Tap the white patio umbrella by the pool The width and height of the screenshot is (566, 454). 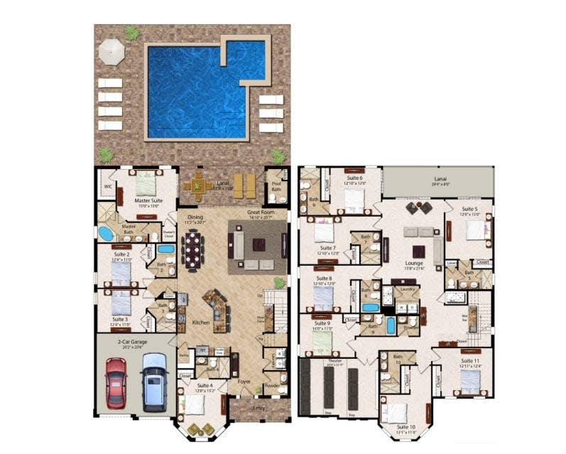tap(111, 50)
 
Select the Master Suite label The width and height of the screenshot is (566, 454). tap(148, 201)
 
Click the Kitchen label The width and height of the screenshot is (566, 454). tap(201, 323)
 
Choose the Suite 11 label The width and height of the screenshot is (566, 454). tap(469, 361)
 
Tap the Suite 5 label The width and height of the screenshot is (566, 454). tap(469, 210)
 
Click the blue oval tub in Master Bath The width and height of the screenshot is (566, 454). tap(106, 233)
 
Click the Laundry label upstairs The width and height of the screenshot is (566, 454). tap(407, 289)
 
